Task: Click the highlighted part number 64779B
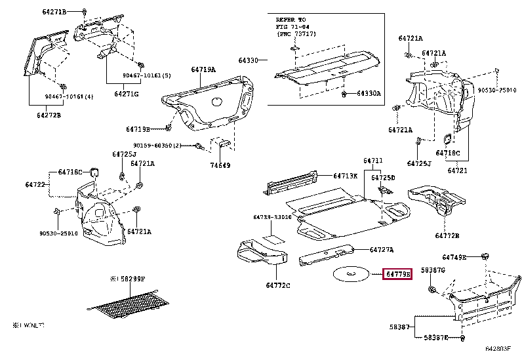(x=397, y=273)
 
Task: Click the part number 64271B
(x=55, y=12)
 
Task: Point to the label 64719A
(x=203, y=69)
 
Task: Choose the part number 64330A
(x=369, y=94)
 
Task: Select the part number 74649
(x=220, y=166)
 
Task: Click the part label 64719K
(x=345, y=176)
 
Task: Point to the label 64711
(x=373, y=161)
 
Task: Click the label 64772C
(x=278, y=285)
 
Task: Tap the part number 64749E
(x=454, y=257)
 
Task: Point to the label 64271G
(x=127, y=94)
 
